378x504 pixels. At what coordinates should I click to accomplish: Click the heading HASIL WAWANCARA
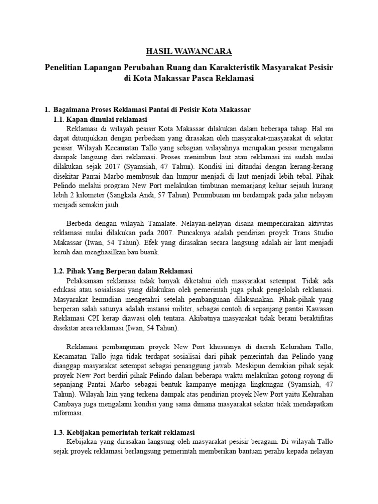189,51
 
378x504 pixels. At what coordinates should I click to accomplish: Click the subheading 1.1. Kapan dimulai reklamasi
100,119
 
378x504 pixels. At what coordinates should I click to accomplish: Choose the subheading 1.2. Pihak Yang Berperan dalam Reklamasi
123,271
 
